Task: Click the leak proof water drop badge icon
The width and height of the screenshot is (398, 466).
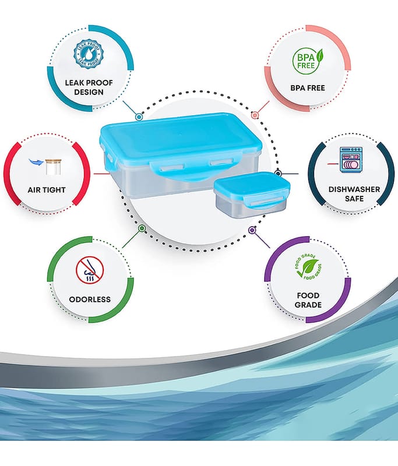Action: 88,54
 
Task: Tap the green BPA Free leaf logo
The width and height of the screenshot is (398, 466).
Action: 308,61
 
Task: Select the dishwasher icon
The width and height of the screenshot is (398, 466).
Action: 351,160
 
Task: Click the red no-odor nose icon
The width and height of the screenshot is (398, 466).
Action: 90,270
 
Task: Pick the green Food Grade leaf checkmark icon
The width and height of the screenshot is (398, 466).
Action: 308,267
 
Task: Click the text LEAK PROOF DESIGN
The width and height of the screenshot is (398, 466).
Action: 89,87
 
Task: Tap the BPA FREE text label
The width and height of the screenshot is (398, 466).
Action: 308,88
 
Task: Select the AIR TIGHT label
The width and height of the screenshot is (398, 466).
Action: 47,190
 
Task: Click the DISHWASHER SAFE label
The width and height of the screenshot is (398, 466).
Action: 354,194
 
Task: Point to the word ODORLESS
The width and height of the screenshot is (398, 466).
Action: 90,299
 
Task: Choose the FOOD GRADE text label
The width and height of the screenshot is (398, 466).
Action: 308,300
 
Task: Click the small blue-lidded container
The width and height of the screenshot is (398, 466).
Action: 252,195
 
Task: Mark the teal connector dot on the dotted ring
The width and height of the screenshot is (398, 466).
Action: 139,117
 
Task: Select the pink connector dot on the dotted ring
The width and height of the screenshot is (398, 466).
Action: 255,115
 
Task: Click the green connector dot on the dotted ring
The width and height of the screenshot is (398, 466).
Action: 142,228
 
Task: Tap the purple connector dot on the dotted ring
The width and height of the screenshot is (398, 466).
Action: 252,230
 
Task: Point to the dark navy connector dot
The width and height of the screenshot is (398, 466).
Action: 278,174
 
